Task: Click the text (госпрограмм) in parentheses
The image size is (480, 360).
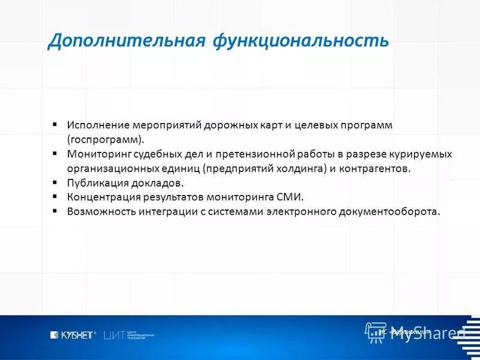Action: point(106,140)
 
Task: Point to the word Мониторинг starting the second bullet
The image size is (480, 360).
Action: point(97,154)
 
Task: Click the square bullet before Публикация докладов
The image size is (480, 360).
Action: point(55,182)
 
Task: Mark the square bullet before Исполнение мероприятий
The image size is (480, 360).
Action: point(55,124)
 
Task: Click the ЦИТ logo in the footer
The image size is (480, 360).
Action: point(115,335)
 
